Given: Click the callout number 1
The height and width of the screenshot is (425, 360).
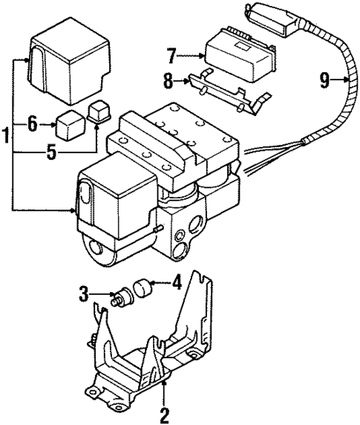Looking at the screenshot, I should [x=6, y=137].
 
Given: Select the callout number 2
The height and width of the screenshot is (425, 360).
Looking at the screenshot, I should [x=165, y=414].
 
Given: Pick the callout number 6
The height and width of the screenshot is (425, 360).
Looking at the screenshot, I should [x=32, y=125].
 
